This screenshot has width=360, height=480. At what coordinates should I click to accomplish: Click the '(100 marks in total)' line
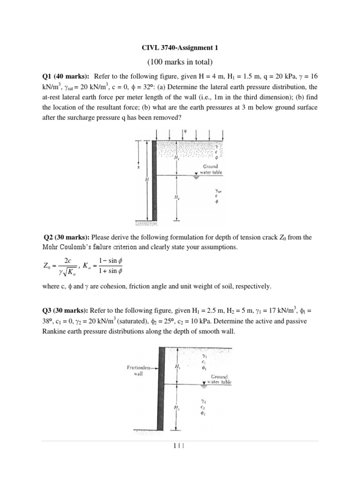(180, 62)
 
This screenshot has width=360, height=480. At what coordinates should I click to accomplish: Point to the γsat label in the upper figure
(217, 191)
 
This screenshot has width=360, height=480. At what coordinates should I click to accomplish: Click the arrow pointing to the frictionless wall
(154, 368)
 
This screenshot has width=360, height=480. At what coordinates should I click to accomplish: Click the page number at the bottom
(180, 447)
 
